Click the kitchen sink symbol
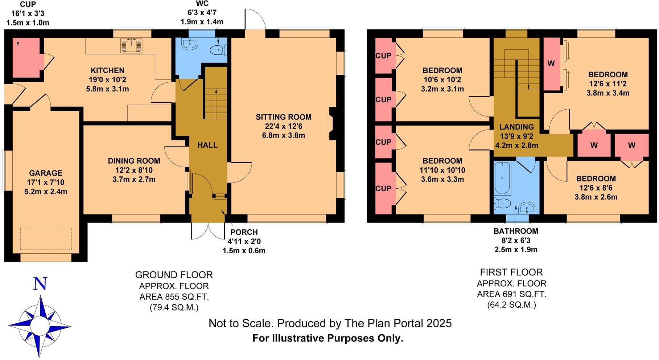pos(132,46)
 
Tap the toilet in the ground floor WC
pos(219,50)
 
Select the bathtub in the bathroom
pos(502,178)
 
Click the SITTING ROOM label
pos(283,117)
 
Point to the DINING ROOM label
pos(134,161)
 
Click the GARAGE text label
pos(46,173)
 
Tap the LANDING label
pos(516,127)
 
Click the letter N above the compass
pos(40,284)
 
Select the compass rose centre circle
pos(40,324)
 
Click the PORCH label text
pos(244,232)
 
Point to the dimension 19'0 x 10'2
pos(107,80)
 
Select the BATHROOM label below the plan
pos(516,231)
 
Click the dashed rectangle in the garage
pos(46,239)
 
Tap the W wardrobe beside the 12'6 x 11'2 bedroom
pos(551,64)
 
